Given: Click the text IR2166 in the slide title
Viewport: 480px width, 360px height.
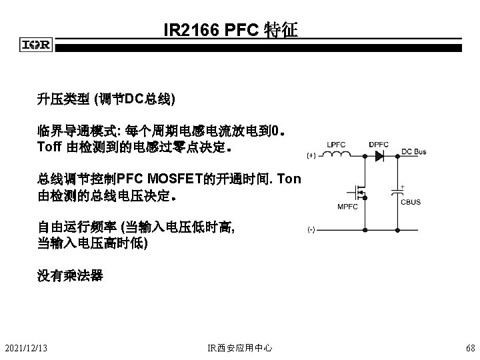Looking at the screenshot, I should click(189, 31).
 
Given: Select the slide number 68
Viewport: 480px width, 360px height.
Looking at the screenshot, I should click(471, 348).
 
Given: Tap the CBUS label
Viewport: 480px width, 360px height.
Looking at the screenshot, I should click(411, 202).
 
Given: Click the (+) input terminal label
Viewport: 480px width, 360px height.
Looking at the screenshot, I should click(311, 157).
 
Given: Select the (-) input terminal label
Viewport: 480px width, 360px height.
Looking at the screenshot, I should click(311, 229).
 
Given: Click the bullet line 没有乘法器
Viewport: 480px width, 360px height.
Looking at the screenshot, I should click(70, 275).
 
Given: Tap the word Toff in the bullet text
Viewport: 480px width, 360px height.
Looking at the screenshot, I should click(49, 146).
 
